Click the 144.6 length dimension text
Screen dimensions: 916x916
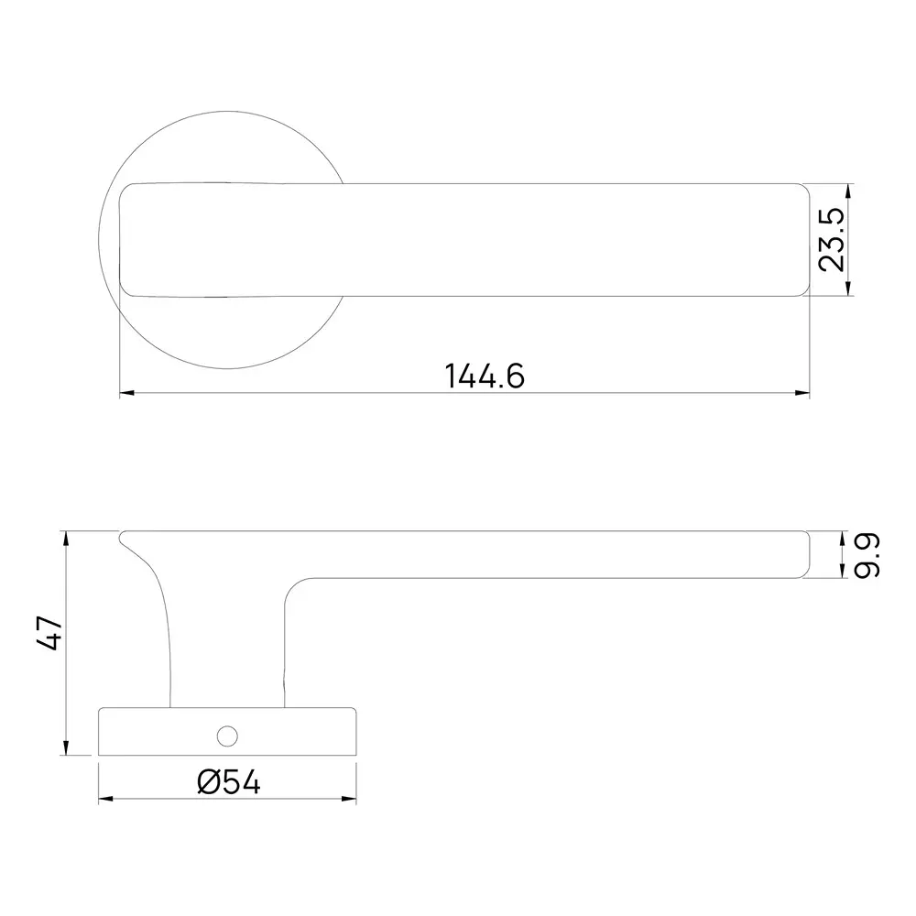tap(485, 376)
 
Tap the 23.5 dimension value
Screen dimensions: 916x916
tap(832, 240)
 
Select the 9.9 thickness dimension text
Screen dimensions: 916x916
tap(867, 556)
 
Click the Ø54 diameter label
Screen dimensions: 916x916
tap(228, 782)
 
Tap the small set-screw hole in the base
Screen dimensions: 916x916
tap(225, 735)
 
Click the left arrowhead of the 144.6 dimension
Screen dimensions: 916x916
tap(127, 394)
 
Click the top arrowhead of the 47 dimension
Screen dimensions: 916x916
tap(66, 538)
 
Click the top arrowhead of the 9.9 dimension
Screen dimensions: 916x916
tap(843, 537)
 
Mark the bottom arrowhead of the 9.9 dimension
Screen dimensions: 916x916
tap(843, 573)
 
